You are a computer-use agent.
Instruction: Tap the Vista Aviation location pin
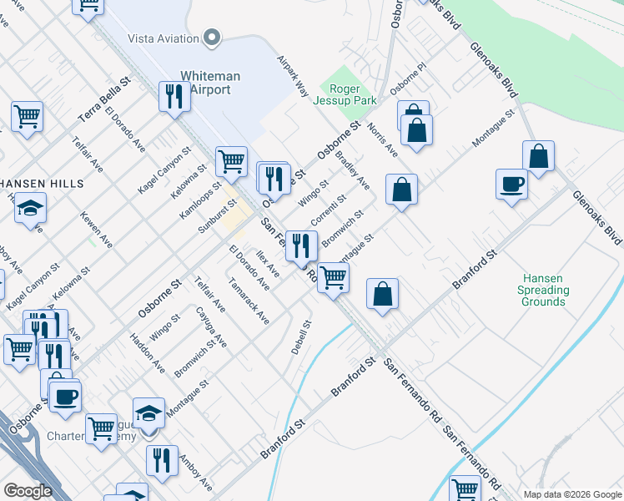(212, 38)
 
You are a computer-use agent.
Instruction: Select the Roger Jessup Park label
(345, 95)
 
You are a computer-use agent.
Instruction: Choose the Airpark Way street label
(293, 76)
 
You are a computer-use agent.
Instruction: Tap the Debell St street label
(301, 337)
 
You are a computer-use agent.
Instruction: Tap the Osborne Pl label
(408, 83)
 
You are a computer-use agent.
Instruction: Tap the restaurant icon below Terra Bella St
(174, 96)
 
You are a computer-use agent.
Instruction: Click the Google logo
(28, 491)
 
